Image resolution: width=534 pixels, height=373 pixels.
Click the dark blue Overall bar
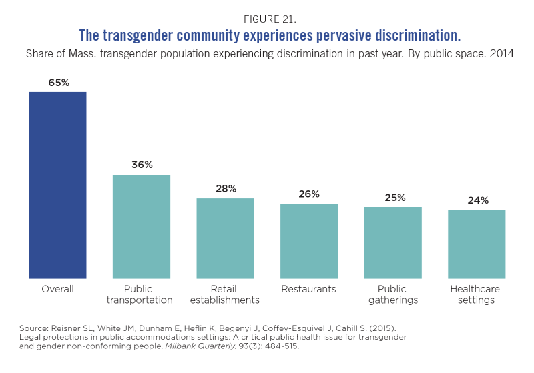click(x=57, y=185)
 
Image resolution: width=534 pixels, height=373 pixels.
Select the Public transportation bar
click(x=142, y=226)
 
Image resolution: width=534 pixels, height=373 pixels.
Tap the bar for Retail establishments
click(x=225, y=238)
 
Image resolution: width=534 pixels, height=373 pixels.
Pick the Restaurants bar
click(x=309, y=241)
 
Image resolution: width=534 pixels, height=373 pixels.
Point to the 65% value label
click(x=58, y=83)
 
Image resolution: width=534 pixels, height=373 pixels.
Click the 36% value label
click(x=142, y=165)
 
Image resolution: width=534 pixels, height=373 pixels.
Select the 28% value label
click(x=226, y=188)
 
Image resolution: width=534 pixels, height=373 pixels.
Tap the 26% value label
click(x=310, y=194)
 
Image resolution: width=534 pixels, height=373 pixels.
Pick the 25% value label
click(x=393, y=198)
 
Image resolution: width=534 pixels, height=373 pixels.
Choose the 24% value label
click(x=477, y=200)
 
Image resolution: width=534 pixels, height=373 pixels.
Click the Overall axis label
click(x=57, y=289)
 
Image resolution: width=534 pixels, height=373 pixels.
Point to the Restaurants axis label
click(x=309, y=289)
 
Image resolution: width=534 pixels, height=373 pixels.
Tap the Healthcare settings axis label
click(x=477, y=294)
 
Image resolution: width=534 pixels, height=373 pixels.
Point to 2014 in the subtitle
click(x=501, y=53)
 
